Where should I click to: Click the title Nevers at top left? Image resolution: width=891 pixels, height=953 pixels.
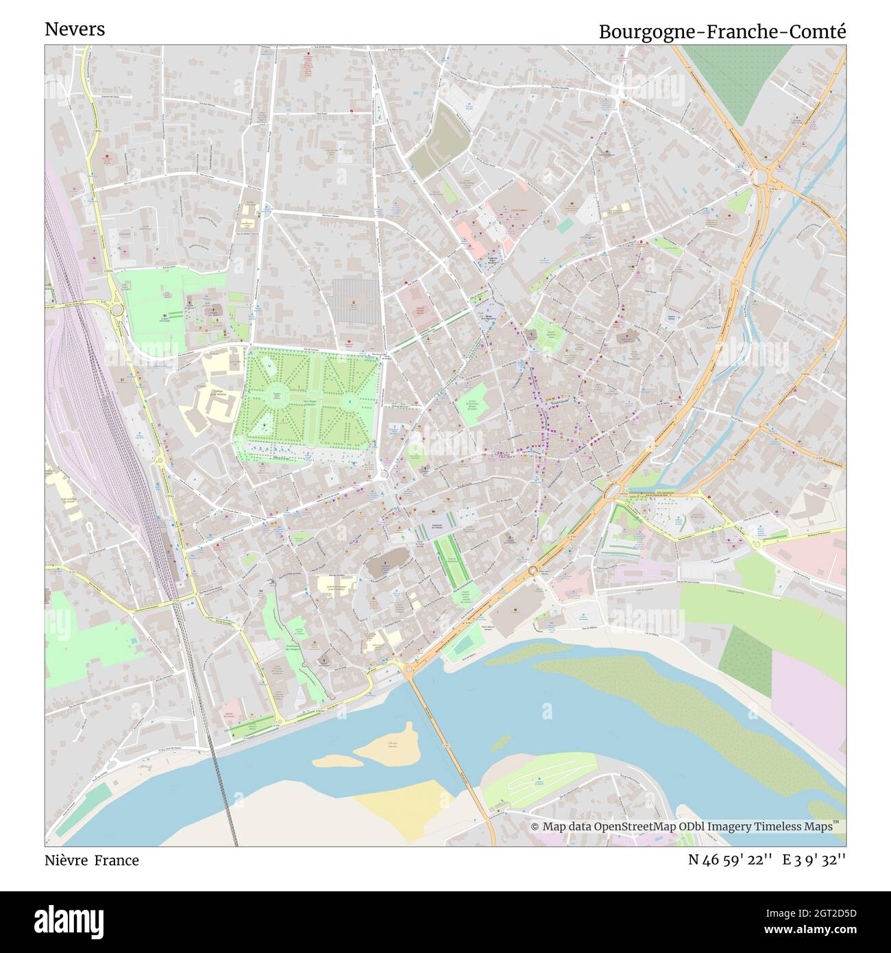coord(75,29)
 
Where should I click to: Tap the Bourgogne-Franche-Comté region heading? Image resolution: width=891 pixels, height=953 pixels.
coord(722,32)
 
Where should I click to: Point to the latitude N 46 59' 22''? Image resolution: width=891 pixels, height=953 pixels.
coord(731,860)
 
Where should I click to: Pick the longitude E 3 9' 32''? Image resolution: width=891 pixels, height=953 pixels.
coord(816,860)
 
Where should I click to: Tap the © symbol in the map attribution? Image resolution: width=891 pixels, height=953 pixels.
coord(535,827)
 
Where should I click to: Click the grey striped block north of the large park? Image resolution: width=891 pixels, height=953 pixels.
coord(355,300)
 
